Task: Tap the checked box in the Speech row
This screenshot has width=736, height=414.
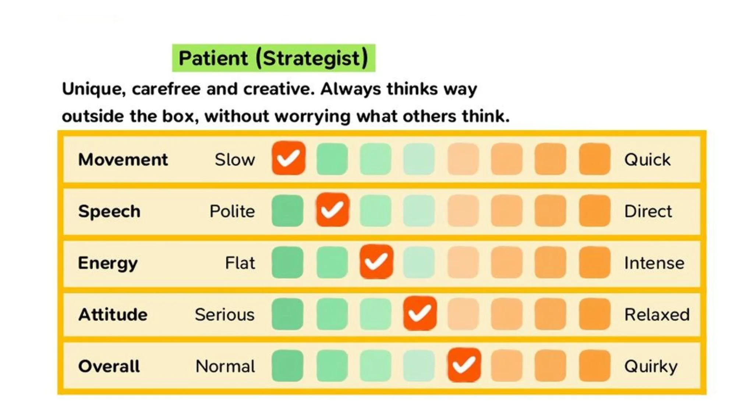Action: pyautogui.click(x=332, y=210)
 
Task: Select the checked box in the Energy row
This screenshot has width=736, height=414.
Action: pyautogui.click(x=376, y=262)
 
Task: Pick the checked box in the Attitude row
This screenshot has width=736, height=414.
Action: pyautogui.click(x=420, y=313)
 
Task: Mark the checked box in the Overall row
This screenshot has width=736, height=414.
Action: pyautogui.click(x=464, y=365)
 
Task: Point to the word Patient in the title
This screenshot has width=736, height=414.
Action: pyautogui.click(x=213, y=58)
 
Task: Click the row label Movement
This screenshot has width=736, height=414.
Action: pyautogui.click(x=123, y=160)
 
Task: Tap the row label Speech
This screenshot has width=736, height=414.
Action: pyautogui.click(x=109, y=212)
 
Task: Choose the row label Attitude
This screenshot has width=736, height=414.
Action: pyautogui.click(x=113, y=315)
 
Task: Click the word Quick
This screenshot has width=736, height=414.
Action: pyautogui.click(x=647, y=160)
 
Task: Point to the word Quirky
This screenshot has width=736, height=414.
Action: pyautogui.click(x=651, y=367)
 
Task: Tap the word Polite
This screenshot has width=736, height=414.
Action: pyautogui.click(x=232, y=212)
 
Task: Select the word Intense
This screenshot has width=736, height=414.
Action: pyautogui.click(x=654, y=263)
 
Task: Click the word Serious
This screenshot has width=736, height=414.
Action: pyautogui.click(x=224, y=315)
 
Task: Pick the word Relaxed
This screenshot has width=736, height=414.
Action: pyautogui.click(x=657, y=315)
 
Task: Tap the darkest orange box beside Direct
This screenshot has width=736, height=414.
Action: pyautogui.click(x=594, y=211)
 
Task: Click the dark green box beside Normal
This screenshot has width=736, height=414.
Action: pyautogui.click(x=287, y=366)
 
